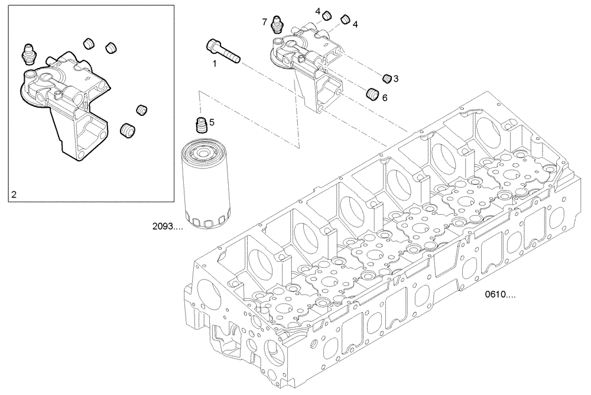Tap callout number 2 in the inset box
pos(14,193)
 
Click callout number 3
pos(396,78)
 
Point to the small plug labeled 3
pos(388,77)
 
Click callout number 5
pos(212,122)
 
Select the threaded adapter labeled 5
pos(202,126)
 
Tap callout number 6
pos(385,98)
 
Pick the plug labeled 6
pos(372,93)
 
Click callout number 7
pos(265,22)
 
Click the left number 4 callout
pos(317,11)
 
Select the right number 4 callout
pos(355,24)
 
